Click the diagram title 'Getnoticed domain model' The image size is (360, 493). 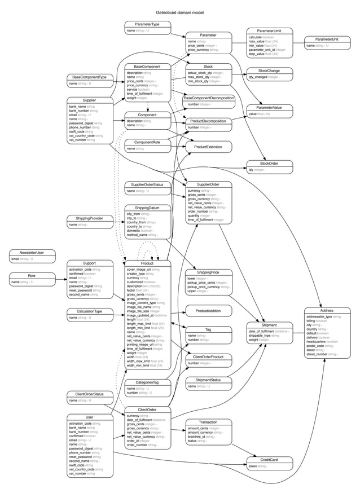[x=179, y=11]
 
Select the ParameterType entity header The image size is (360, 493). [x=147, y=24]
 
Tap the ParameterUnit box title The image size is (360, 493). [x=327, y=38]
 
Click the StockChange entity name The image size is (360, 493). [x=269, y=71]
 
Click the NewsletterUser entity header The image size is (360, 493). [x=32, y=252]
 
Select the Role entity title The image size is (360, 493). [x=32, y=275]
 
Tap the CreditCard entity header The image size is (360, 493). [x=269, y=460]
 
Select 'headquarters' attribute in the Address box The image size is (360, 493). [x=318, y=341]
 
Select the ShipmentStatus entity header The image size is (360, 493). [x=208, y=380]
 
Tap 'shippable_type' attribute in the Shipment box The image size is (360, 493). [x=262, y=336]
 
